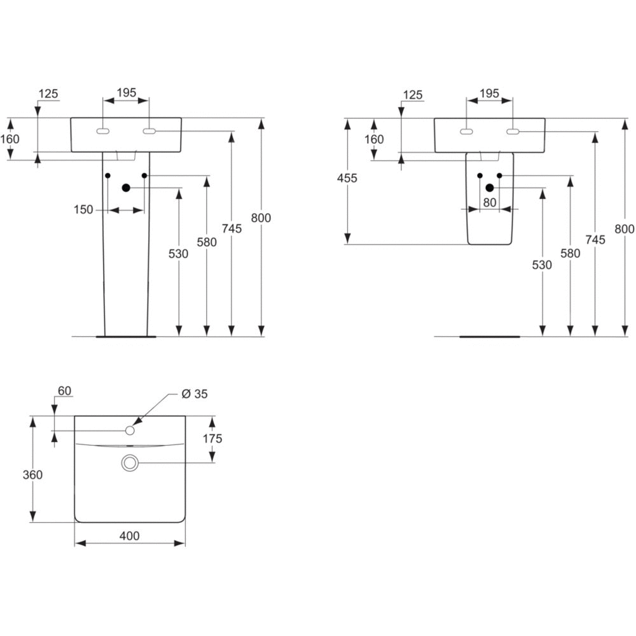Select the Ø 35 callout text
point(195,394)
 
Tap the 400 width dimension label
point(129,536)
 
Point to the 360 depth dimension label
point(32,475)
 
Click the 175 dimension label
point(213,438)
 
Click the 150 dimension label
point(83,209)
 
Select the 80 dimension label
point(490,202)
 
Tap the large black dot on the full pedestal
point(126,188)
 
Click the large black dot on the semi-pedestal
point(490,188)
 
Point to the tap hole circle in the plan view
point(130,431)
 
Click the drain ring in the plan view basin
point(130,464)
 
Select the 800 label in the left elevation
point(261,218)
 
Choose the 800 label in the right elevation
point(625,229)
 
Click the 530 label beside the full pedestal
point(179,253)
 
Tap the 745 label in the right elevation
point(595,240)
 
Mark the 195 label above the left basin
point(126,93)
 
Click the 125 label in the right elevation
point(413,95)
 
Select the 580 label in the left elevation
point(207,242)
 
